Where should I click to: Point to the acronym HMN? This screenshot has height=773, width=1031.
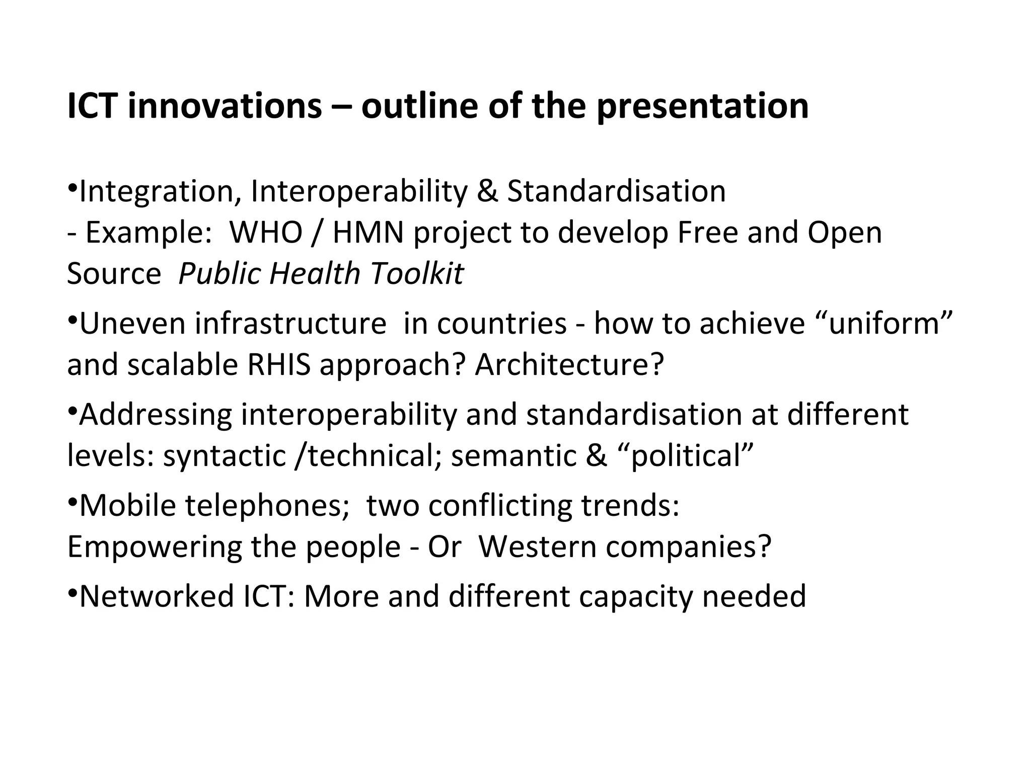(368, 233)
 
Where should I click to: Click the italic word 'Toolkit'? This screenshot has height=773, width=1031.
(417, 274)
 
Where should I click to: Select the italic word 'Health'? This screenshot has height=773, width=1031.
(315, 274)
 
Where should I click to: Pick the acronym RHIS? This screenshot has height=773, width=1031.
(279, 364)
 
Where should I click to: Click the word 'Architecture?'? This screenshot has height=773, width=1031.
(569, 364)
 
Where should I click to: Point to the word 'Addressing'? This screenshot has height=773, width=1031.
(156, 414)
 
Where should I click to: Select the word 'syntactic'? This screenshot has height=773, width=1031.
(225, 455)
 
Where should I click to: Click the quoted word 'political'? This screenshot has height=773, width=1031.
(685, 455)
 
